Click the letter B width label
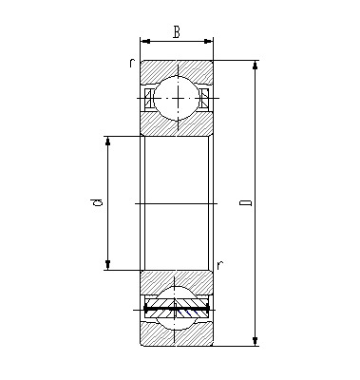coord(177,31)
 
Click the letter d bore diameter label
coord(97,203)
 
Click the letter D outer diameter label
coord(245,203)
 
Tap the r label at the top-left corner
coord(132,63)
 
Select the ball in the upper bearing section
coord(177,97)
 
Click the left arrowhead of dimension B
coord(144,41)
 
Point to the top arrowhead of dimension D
coord(256,66)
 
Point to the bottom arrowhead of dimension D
coord(256,341)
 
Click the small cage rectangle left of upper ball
coord(150,97)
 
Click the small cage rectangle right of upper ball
coord(203,97)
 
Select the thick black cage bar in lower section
coord(177,311)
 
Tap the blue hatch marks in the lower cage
coord(177,304)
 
